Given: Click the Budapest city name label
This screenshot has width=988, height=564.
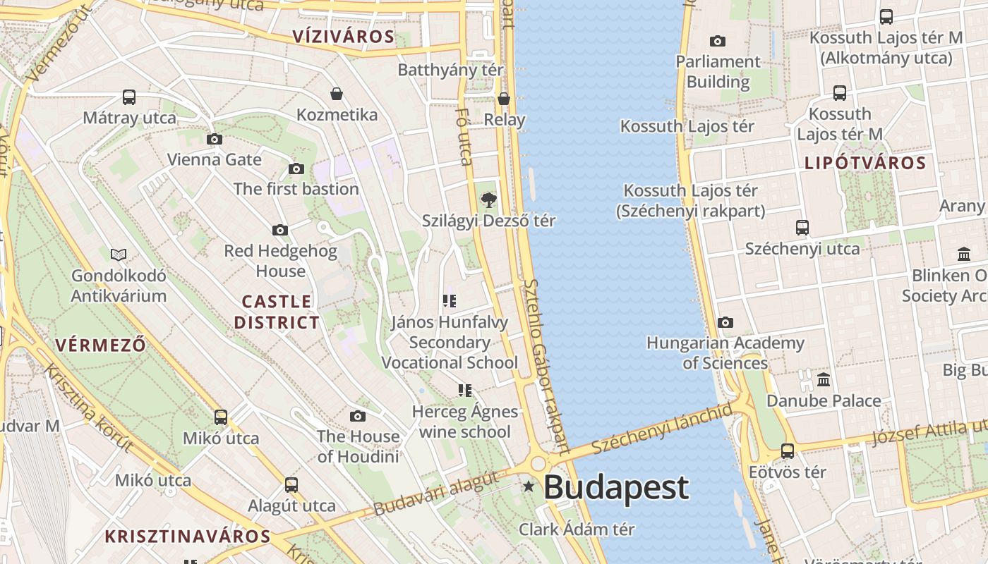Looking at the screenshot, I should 616,488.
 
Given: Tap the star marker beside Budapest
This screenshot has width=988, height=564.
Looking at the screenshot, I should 529,486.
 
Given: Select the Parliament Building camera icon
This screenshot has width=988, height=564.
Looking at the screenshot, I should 718,42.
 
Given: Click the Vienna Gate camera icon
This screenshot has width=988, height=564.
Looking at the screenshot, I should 215,140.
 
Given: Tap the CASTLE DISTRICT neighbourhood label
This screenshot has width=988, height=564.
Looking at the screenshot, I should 277,312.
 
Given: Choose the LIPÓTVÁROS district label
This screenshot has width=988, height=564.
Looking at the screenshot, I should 865,164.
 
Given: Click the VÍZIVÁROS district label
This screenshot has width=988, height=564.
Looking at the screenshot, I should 343,37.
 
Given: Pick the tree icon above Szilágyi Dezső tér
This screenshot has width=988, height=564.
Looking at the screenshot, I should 488,201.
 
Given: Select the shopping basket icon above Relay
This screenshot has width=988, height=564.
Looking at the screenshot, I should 504,99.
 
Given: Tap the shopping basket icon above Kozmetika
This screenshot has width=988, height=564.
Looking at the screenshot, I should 337,94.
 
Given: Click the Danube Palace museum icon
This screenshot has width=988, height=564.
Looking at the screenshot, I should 823,381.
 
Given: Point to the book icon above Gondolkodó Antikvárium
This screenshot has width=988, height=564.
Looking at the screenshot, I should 119,255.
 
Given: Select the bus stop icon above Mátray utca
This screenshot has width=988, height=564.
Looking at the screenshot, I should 128,97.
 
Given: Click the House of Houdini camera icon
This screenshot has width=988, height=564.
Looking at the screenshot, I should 358,417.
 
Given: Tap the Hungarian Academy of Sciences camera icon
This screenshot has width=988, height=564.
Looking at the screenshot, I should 725,323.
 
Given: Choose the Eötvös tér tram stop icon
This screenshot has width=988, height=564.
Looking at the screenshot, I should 788,451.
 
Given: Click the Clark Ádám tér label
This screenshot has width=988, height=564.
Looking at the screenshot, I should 577,529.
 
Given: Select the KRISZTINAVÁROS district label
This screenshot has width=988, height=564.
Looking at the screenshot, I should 188,537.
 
